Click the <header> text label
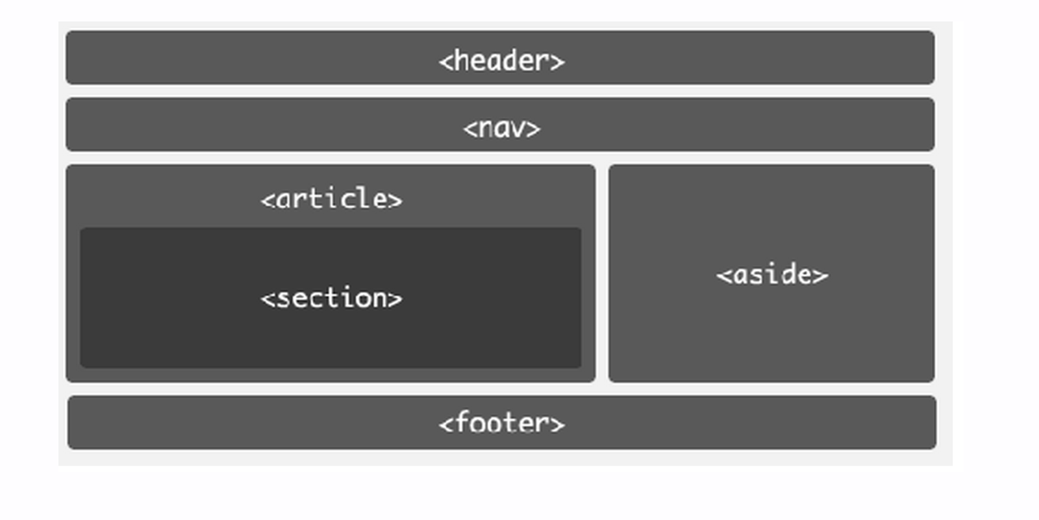[502, 61]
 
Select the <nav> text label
[502, 129]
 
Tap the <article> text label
[331, 199]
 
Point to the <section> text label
[331, 298]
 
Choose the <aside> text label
[772, 274]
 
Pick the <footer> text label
[502, 422]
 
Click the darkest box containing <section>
[331, 298]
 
